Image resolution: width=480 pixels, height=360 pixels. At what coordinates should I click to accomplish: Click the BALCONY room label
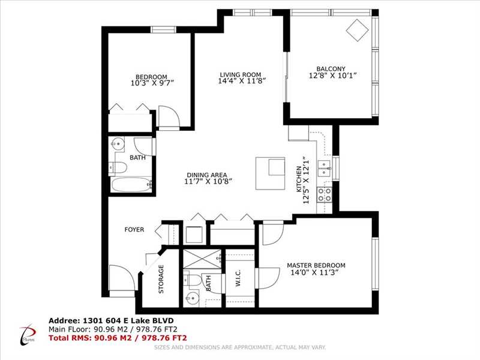331,69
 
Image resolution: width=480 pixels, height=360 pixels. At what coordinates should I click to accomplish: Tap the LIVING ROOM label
241,74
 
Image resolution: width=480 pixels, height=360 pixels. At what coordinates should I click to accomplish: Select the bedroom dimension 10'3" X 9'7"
152,83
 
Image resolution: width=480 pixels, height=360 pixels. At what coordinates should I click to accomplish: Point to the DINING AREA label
207,175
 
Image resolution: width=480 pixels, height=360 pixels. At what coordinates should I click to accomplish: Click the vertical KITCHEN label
299,179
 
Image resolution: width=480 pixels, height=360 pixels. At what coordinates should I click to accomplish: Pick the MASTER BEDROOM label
316,265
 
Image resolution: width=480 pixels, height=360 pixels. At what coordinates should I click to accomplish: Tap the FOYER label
134,230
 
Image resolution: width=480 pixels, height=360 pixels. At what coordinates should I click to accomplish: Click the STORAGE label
161,279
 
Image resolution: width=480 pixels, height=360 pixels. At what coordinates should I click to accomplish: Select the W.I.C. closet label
238,278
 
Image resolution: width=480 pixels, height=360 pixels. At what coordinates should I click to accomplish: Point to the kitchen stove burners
324,194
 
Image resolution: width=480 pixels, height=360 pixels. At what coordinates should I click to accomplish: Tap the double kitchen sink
324,169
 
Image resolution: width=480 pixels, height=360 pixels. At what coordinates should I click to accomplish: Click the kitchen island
271,173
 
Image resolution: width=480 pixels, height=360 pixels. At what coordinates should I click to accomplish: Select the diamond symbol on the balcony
357,30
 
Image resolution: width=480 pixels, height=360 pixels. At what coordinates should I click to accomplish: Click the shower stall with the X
202,259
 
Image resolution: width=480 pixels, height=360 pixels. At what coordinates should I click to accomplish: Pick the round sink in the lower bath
193,297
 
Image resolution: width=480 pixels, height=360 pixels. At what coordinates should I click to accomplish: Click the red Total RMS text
118,338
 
